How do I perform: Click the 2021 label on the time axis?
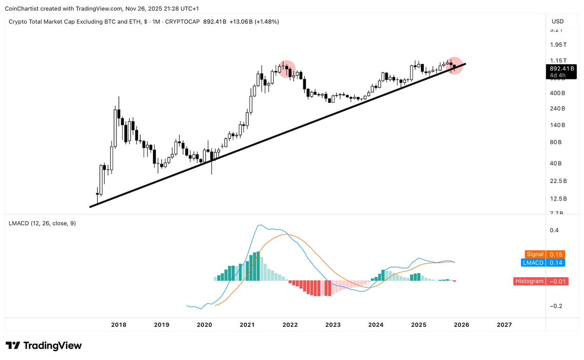(247, 324)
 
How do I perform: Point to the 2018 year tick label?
(119, 324)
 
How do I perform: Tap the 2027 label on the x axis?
(504, 324)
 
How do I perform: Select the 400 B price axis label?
(557, 93)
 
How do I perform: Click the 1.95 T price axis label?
(558, 45)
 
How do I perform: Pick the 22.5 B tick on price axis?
(558, 181)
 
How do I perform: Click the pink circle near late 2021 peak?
(286, 69)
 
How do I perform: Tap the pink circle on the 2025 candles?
(454, 65)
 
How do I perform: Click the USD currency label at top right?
(557, 21)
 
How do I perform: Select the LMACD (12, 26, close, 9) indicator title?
(42, 223)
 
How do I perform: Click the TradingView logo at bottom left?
(43, 345)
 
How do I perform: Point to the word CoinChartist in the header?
(23, 9)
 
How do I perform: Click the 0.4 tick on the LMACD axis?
(554, 230)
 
